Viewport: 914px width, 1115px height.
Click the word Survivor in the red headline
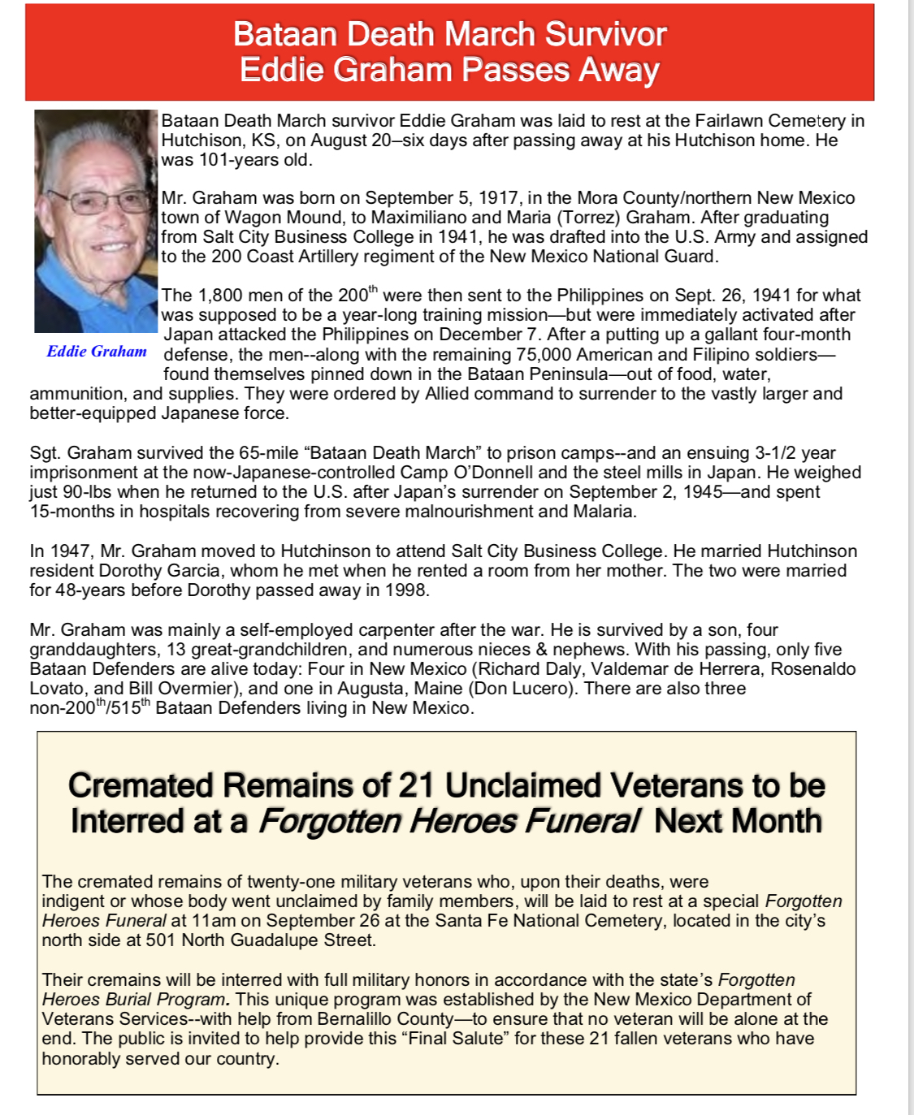click(x=605, y=34)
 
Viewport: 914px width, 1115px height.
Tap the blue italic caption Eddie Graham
click(x=97, y=352)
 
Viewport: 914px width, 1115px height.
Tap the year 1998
click(x=405, y=590)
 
